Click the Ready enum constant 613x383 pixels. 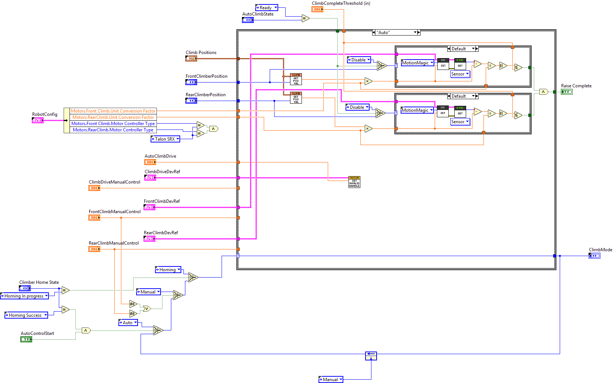[266, 8]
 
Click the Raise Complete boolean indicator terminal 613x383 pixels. [566, 92]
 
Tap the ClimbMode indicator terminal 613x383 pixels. [594, 256]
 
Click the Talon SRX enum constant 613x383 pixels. [165, 139]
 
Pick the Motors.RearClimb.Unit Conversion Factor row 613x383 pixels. [113, 117]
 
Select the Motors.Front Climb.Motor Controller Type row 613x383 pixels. [113, 124]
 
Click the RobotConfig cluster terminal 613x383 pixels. [37, 120]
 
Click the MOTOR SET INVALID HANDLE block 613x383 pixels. [354, 182]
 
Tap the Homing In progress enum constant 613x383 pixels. [24, 296]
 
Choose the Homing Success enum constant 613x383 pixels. [26, 315]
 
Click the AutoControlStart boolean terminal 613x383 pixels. [26, 339]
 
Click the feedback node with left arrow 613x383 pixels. [371, 356]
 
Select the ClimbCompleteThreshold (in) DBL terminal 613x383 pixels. [317, 9]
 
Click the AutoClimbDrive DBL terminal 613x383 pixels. [150, 162]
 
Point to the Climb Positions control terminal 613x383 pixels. [191, 58]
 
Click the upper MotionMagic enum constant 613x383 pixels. [417, 63]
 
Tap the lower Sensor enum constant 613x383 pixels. [460, 122]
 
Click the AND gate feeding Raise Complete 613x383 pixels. [543, 92]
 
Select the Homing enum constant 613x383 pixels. [168, 270]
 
